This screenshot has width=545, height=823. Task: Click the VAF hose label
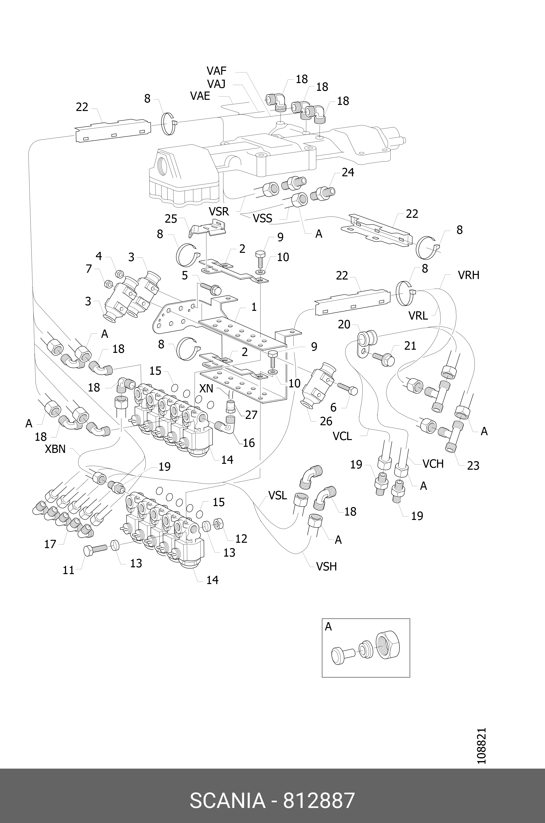(217, 71)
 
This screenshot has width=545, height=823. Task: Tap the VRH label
(468, 275)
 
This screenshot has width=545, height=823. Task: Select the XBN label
(55, 449)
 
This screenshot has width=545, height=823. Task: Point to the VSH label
(326, 567)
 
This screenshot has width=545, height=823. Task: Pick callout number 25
(171, 219)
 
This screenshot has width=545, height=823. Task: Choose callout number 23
(473, 465)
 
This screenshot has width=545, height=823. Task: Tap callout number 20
(344, 325)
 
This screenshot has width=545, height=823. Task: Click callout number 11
(68, 570)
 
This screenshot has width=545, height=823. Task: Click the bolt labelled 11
(94, 550)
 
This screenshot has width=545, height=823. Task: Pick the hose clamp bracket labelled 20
(367, 342)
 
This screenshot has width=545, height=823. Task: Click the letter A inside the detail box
(328, 627)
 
